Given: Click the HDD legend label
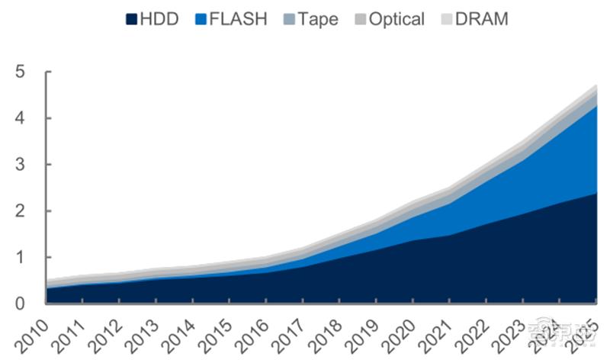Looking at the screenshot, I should (159, 19).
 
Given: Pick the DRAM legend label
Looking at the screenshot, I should (481, 19).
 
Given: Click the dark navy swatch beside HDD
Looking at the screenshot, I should (131, 19).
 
